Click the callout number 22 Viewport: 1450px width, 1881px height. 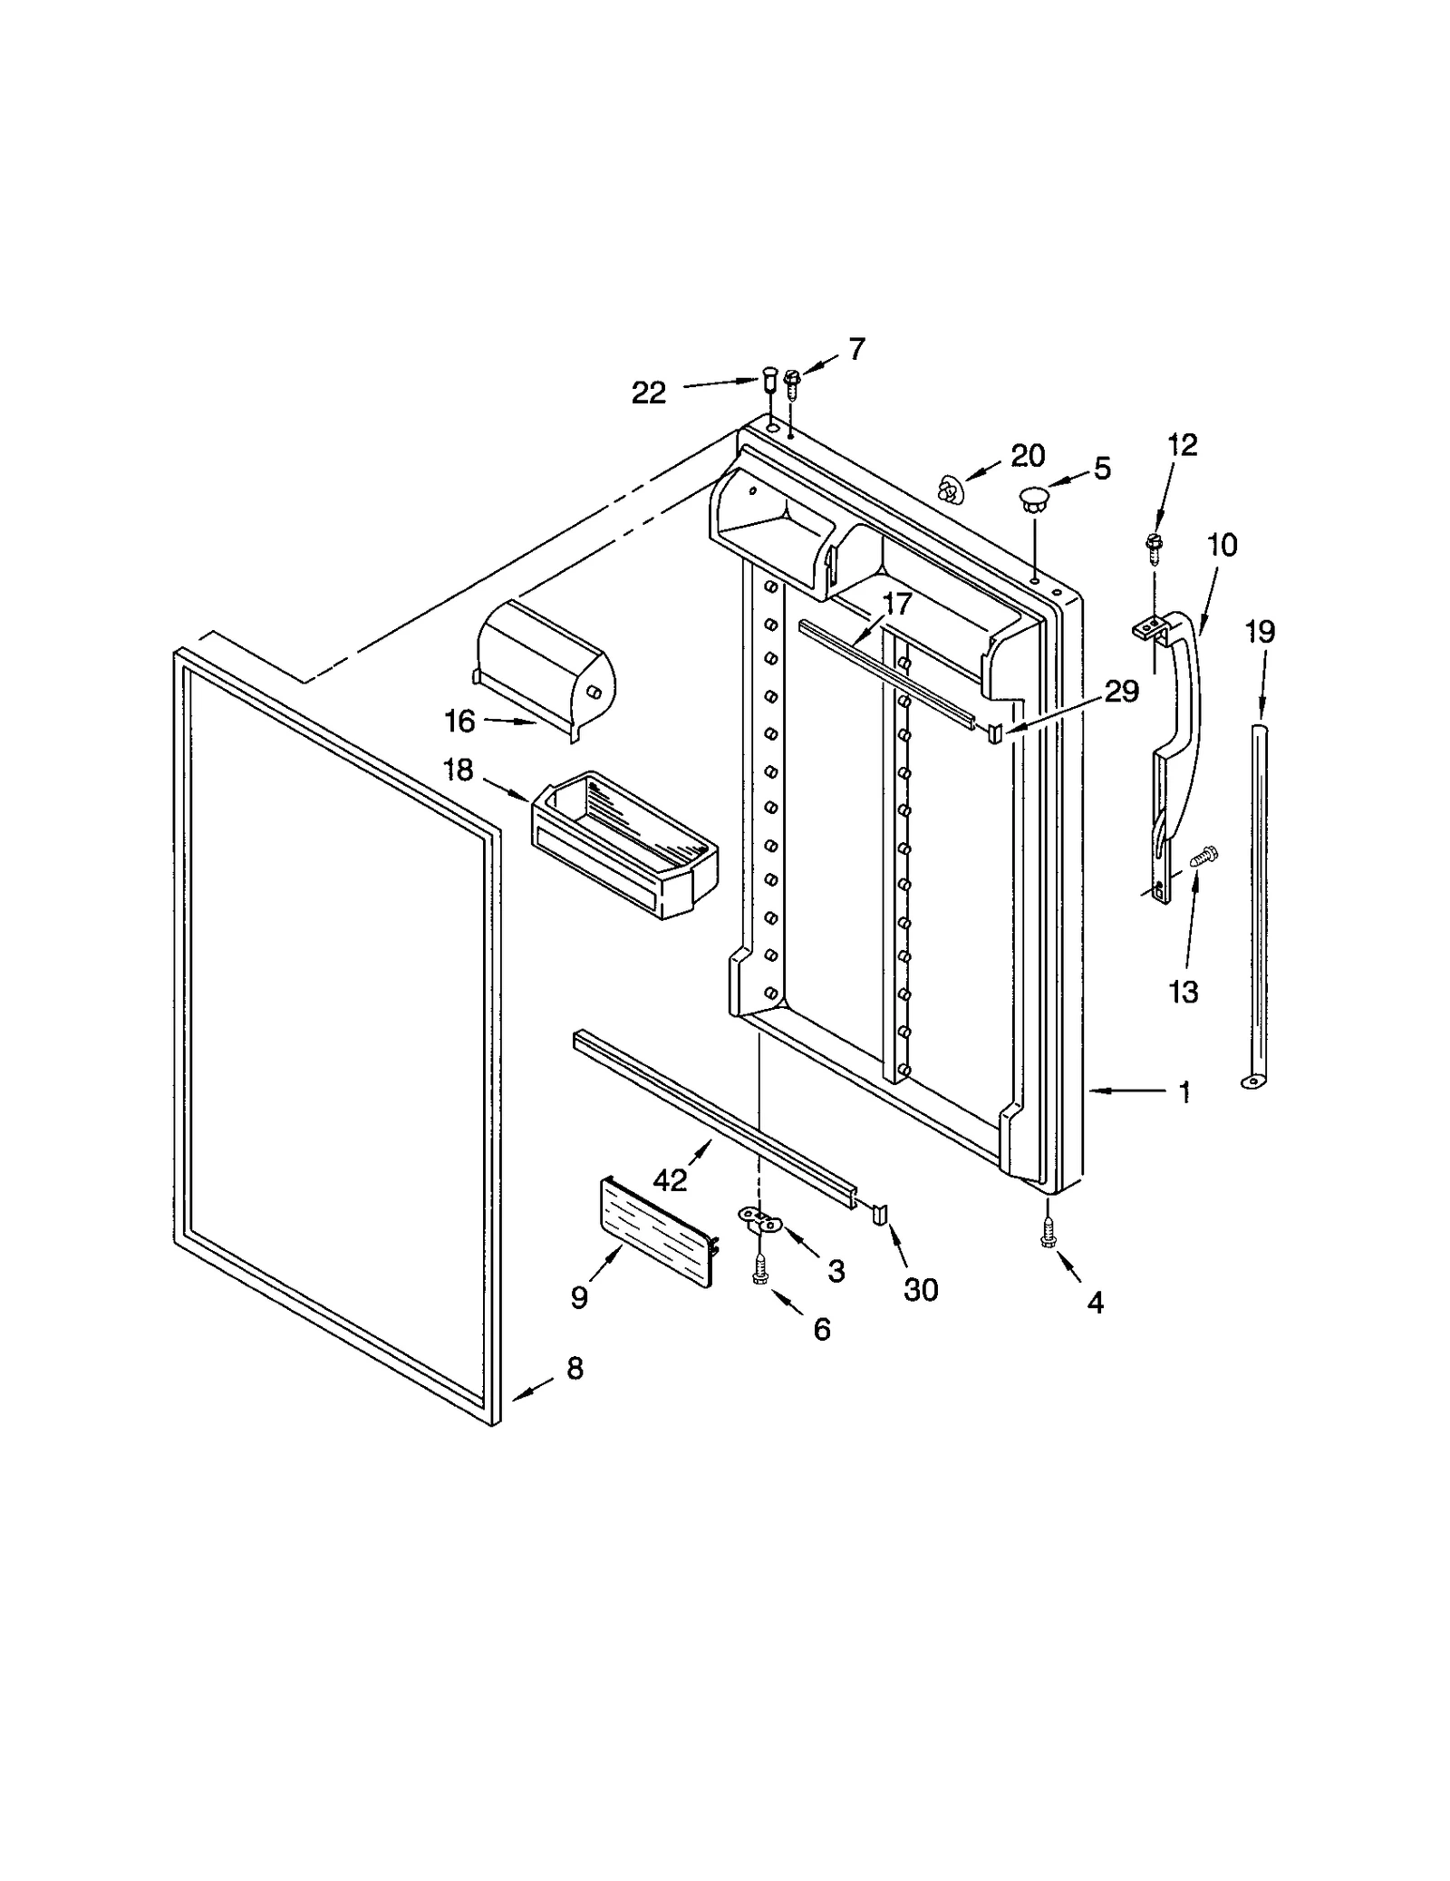(648, 393)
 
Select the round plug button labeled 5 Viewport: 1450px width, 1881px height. (1033, 499)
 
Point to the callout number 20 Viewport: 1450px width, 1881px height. (1028, 455)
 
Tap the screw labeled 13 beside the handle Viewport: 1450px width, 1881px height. (1206, 855)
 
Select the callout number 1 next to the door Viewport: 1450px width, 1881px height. (1184, 1093)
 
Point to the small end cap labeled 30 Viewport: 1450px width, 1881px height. (879, 1214)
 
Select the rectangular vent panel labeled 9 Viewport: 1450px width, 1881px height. (656, 1230)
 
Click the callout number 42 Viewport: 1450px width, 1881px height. (671, 1180)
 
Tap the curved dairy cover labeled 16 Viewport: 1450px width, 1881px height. (544, 666)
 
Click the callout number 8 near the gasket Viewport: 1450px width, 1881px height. (575, 1369)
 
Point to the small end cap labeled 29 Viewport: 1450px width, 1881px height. (994, 732)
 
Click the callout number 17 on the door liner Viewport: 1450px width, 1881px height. (896, 604)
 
